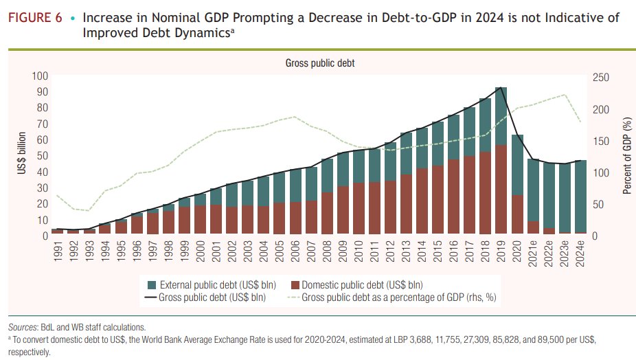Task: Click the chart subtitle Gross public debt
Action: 319,63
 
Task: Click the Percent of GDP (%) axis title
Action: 626,156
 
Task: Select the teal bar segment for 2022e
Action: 548,195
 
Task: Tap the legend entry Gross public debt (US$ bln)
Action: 205,297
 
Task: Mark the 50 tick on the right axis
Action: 596,204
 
